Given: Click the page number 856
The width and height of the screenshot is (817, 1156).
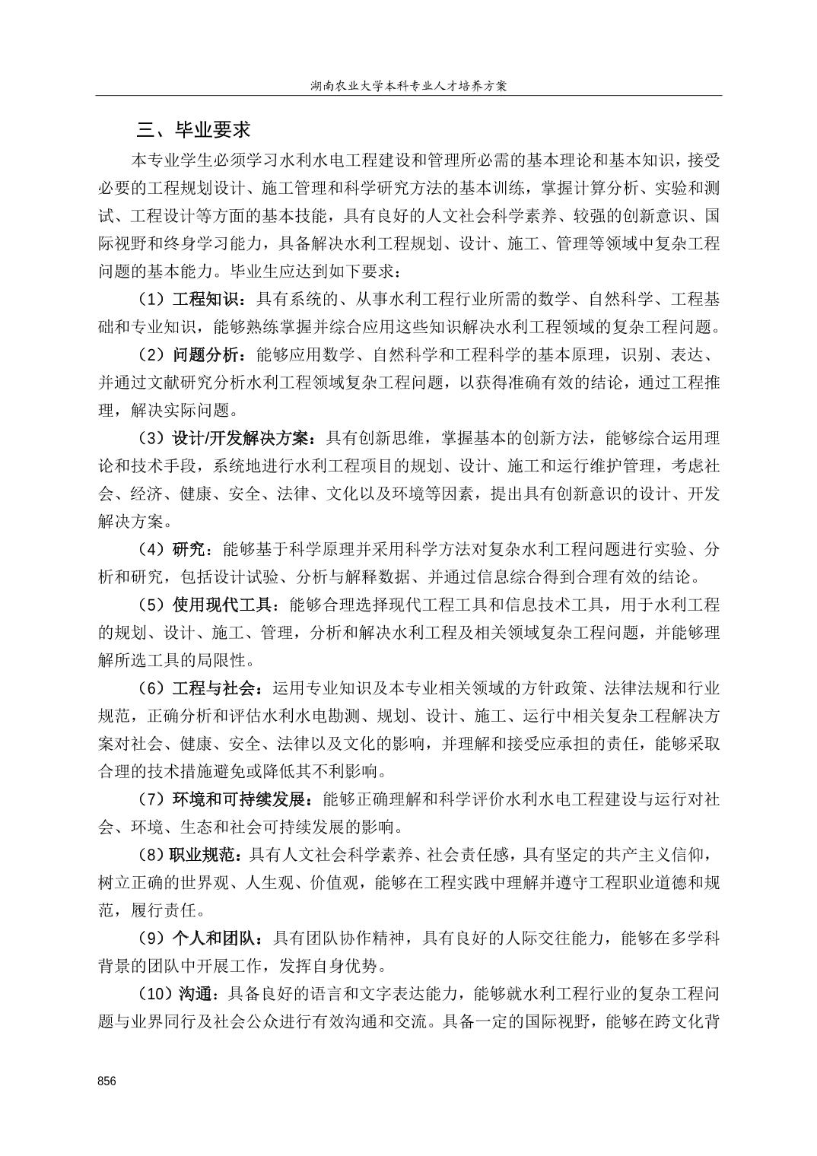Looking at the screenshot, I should tap(106, 1081).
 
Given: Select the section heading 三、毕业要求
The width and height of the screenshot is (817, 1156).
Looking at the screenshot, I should tap(193, 130).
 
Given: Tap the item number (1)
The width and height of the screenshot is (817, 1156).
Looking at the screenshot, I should tap(151, 299).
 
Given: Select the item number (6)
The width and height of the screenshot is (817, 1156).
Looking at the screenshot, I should tap(151, 689).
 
